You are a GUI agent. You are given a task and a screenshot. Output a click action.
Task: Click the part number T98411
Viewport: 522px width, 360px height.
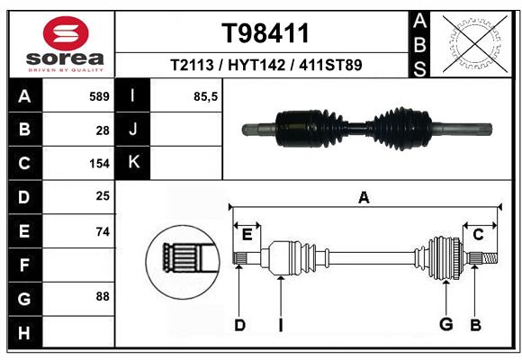coord(265,33)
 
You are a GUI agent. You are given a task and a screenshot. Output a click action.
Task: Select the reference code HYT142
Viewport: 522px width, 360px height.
coord(256,65)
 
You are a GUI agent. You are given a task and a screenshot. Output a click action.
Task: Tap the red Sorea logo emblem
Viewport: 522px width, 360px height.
coord(66,33)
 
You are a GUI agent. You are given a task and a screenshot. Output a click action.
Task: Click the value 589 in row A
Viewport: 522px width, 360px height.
coord(99,96)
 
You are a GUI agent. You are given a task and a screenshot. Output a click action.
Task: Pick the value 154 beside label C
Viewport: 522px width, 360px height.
coord(99,164)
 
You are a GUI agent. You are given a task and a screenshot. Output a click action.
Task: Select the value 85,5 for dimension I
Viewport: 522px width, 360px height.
coord(205,97)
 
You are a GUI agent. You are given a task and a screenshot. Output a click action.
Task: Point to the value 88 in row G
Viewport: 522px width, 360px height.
coord(103,296)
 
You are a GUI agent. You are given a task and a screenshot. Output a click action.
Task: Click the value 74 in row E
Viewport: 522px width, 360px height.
coord(103,231)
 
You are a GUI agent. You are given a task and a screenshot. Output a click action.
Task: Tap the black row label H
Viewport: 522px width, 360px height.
coord(25,332)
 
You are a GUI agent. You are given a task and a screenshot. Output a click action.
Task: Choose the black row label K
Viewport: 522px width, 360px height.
coord(133,162)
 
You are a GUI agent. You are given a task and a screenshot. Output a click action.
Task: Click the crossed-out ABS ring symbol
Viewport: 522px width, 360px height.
coord(475,44)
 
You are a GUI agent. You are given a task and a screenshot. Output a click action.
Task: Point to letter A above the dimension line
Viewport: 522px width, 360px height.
coord(364,197)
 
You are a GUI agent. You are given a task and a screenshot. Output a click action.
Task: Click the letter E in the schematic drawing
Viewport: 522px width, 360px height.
coord(247,235)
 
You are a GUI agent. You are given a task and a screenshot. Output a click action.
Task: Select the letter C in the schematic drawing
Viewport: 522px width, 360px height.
coord(478,235)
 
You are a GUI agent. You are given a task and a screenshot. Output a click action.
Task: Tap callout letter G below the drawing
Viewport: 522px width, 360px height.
coord(446,324)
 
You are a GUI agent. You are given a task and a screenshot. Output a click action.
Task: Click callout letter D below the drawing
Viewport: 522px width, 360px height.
coord(239,325)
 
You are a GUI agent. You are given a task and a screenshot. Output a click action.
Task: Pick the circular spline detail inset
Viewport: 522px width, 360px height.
coord(183,262)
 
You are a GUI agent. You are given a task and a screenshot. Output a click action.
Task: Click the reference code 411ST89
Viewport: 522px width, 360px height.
coord(330,65)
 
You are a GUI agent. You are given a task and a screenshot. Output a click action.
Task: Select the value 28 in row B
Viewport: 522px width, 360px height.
coord(103,130)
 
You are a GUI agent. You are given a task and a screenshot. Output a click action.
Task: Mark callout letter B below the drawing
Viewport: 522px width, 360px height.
coord(475,325)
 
